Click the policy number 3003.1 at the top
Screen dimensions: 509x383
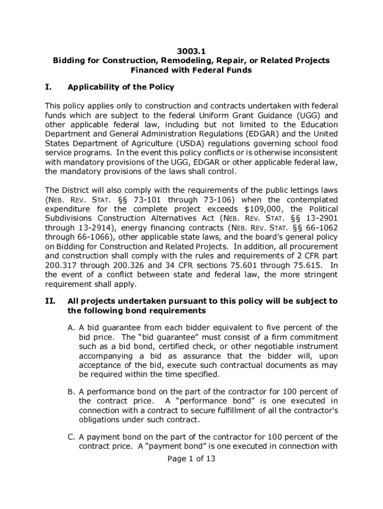point(191,51)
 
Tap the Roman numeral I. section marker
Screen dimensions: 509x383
point(49,87)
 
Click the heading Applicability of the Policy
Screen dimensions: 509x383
point(121,87)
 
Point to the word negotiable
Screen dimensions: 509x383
point(265,346)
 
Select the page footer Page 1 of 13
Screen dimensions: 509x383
point(191,459)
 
